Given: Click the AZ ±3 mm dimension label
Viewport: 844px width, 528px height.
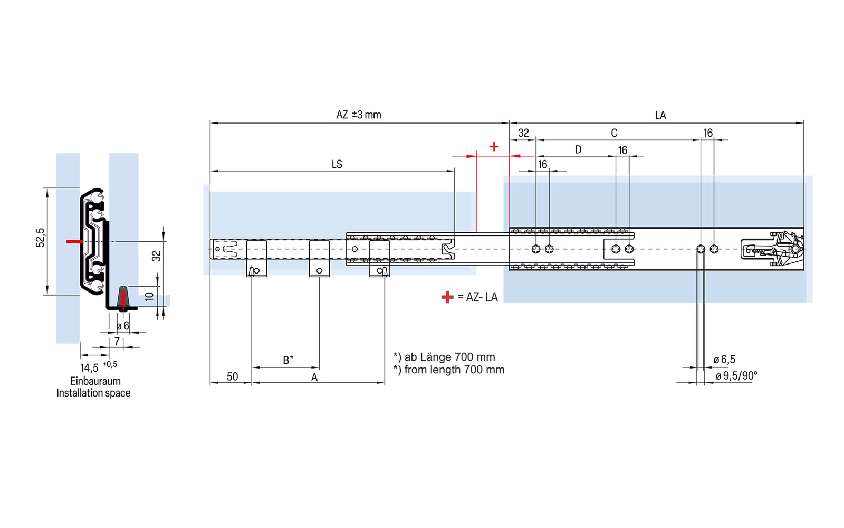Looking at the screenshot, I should [x=358, y=115].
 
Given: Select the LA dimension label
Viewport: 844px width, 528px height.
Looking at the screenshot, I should [x=660, y=115].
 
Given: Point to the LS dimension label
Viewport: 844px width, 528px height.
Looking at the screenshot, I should [x=337, y=164].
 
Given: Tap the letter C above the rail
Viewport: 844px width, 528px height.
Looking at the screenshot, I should [x=614, y=133].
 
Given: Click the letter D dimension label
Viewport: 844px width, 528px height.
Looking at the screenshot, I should [x=578, y=150].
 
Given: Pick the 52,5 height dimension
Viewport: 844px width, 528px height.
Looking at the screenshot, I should [x=41, y=238].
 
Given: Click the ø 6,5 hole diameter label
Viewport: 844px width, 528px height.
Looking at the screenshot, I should [x=724, y=360].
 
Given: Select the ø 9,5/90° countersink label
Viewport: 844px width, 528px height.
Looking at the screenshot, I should [x=736, y=375].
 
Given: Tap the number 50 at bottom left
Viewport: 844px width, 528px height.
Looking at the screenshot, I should [x=232, y=376].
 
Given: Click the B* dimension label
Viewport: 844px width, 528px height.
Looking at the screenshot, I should [x=288, y=360].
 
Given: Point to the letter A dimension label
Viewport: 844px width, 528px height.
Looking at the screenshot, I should [x=314, y=377].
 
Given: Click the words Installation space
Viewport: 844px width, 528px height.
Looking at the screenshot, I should [x=93, y=393].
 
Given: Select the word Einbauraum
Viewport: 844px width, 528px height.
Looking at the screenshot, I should [x=95, y=381].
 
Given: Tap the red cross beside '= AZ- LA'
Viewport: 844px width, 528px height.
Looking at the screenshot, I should [x=447, y=297].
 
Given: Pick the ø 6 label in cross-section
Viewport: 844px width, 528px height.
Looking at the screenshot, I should [x=122, y=326].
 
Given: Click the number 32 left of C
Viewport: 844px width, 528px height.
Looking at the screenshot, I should [x=523, y=133].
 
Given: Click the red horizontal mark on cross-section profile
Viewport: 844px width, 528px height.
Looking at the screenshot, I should [x=74, y=241].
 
